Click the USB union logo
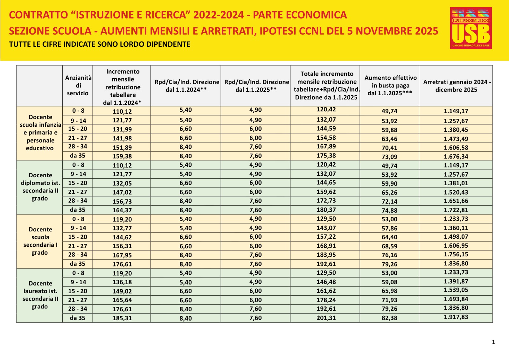[x=471, y=28]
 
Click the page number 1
[x=493, y=342]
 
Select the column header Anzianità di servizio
[x=78, y=86]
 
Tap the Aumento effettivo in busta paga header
[x=390, y=86]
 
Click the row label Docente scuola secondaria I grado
[x=40, y=241]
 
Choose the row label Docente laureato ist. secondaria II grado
[x=40, y=295]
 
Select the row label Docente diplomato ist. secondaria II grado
[x=40, y=187]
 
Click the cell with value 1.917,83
[x=456, y=317]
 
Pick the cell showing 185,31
[x=122, y=318]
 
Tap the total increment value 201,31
[x=326, y=318]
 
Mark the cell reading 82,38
[x=389, y=318]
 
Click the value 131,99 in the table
[x=122, y=130]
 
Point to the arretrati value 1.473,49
[x=456, y=139]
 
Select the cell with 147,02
[x=122, y=192]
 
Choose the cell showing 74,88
[x=389, y=210]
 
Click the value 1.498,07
[x=456, y=237]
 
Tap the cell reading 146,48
[x=326, y=282]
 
